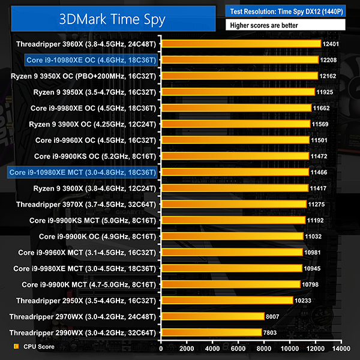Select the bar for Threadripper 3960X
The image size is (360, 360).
(x=240, y=44)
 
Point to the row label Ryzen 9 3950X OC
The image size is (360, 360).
(x=83, y=76)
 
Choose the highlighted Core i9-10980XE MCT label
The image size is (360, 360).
(x=83, y=172)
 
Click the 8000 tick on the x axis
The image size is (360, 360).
(x=264, y=347)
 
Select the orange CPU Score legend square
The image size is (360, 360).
(x=16, y=346)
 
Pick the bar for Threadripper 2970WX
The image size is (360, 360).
(x=212, y=316)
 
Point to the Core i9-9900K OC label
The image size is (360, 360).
(x=97, y=236)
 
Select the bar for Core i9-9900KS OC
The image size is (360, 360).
(x=235, y=156)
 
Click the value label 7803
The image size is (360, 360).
(x=271, y=332)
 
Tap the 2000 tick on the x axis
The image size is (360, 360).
(x=187, y=347)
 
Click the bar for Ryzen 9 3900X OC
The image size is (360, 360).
(x=235, y=124)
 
